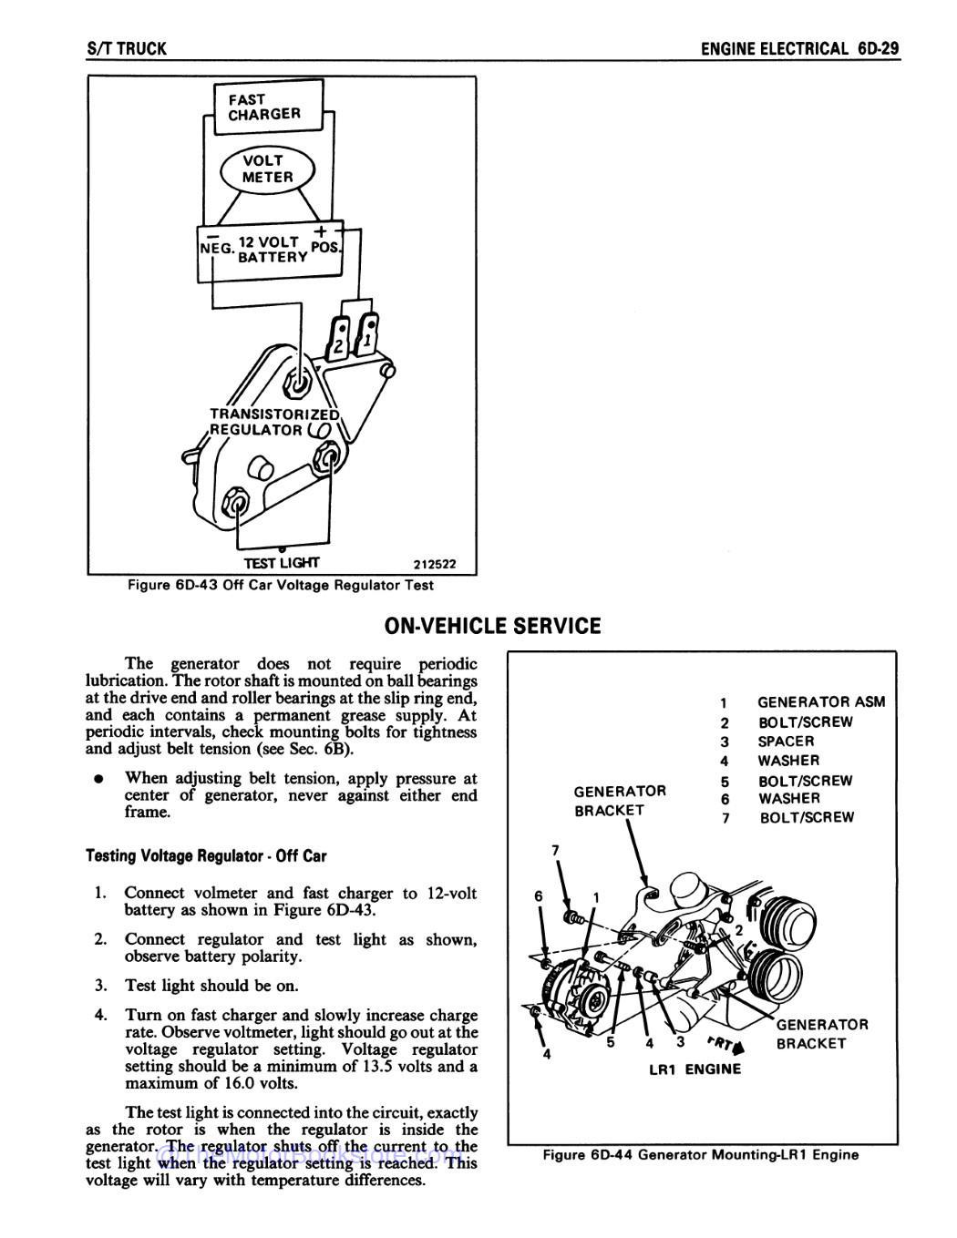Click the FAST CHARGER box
(x=265, y=107)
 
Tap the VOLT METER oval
(x=267, y=169)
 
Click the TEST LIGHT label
(x=281, y=563)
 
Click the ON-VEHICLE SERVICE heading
(x=492, y=626)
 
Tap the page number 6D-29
(x=879, y=48)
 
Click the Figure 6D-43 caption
(x=281, y=585)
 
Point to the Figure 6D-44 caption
(x=701, y=1155)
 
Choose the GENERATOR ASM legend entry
(x=820, y=702)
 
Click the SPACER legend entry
(x=786, y=742)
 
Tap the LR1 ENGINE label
(x=695, y=1069)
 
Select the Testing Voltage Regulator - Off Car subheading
(x=206, y=856)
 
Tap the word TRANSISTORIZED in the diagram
(x=274, y=414)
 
